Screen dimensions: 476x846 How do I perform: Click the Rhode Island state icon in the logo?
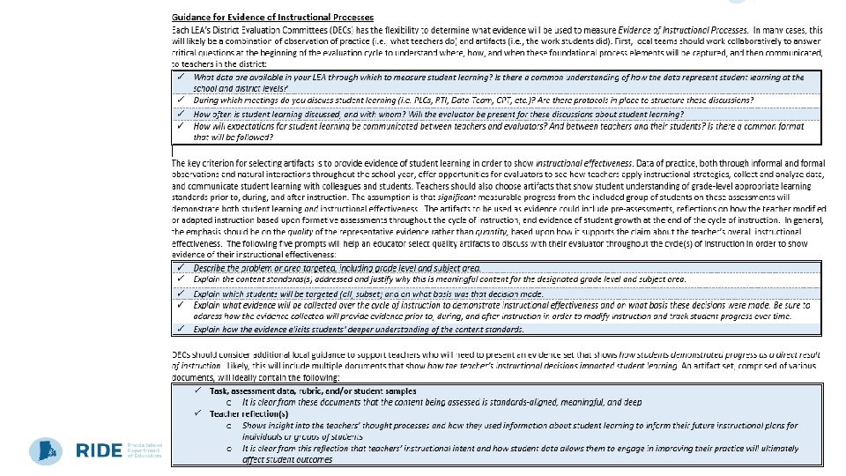click(45, 450)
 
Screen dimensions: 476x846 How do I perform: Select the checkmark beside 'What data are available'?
click(180, 77)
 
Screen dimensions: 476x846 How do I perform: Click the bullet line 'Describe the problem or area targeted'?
click(337, 267)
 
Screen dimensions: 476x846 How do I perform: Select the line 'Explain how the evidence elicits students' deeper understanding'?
click(358, 329)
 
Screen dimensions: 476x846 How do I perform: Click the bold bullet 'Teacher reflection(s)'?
click(249, 413)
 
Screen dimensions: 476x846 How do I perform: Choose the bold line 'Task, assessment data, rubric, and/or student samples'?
click(313, 390)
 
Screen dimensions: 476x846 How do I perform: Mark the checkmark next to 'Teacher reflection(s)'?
click(199, 413)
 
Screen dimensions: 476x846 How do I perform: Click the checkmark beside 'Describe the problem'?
click(180, 267)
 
